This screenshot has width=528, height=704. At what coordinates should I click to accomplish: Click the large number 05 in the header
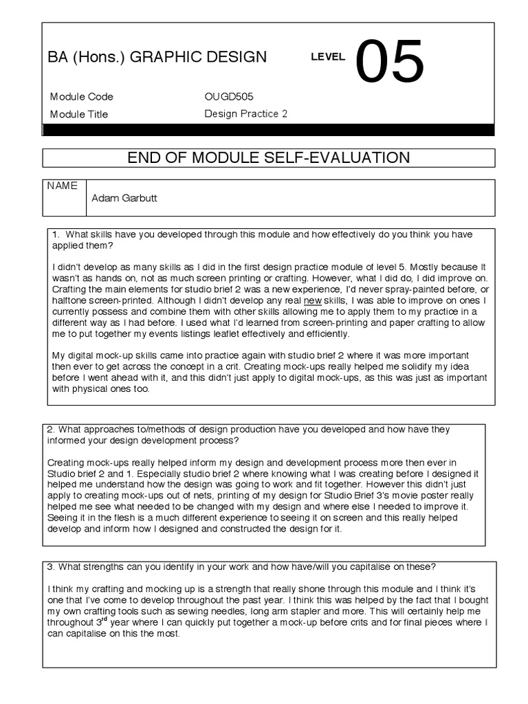tap(390, 61)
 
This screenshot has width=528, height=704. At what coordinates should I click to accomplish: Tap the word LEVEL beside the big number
tap(328, 58)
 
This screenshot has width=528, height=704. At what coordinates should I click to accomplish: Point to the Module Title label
tap(79, 114)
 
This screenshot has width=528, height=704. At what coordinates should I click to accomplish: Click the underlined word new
tap(313, 300)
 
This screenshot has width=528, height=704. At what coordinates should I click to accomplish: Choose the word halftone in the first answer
tap(70, 300)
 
